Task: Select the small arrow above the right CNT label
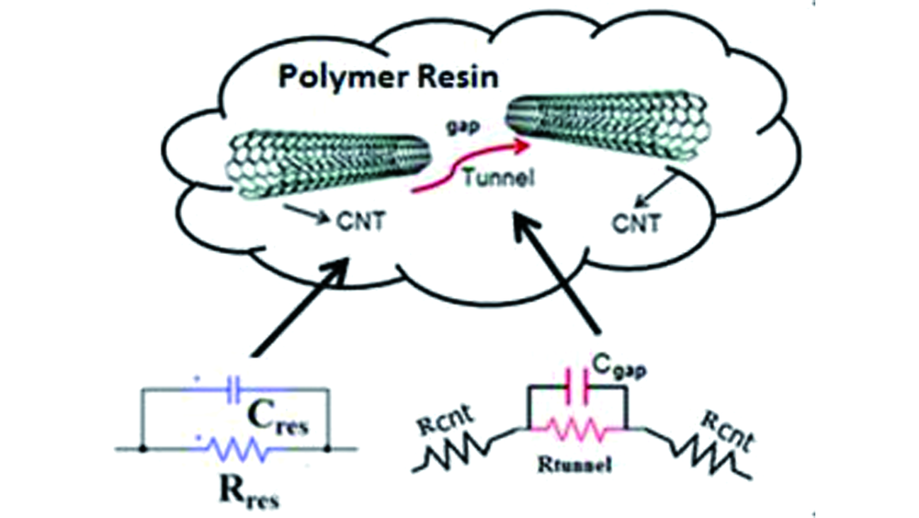649,192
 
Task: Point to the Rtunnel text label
575,466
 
